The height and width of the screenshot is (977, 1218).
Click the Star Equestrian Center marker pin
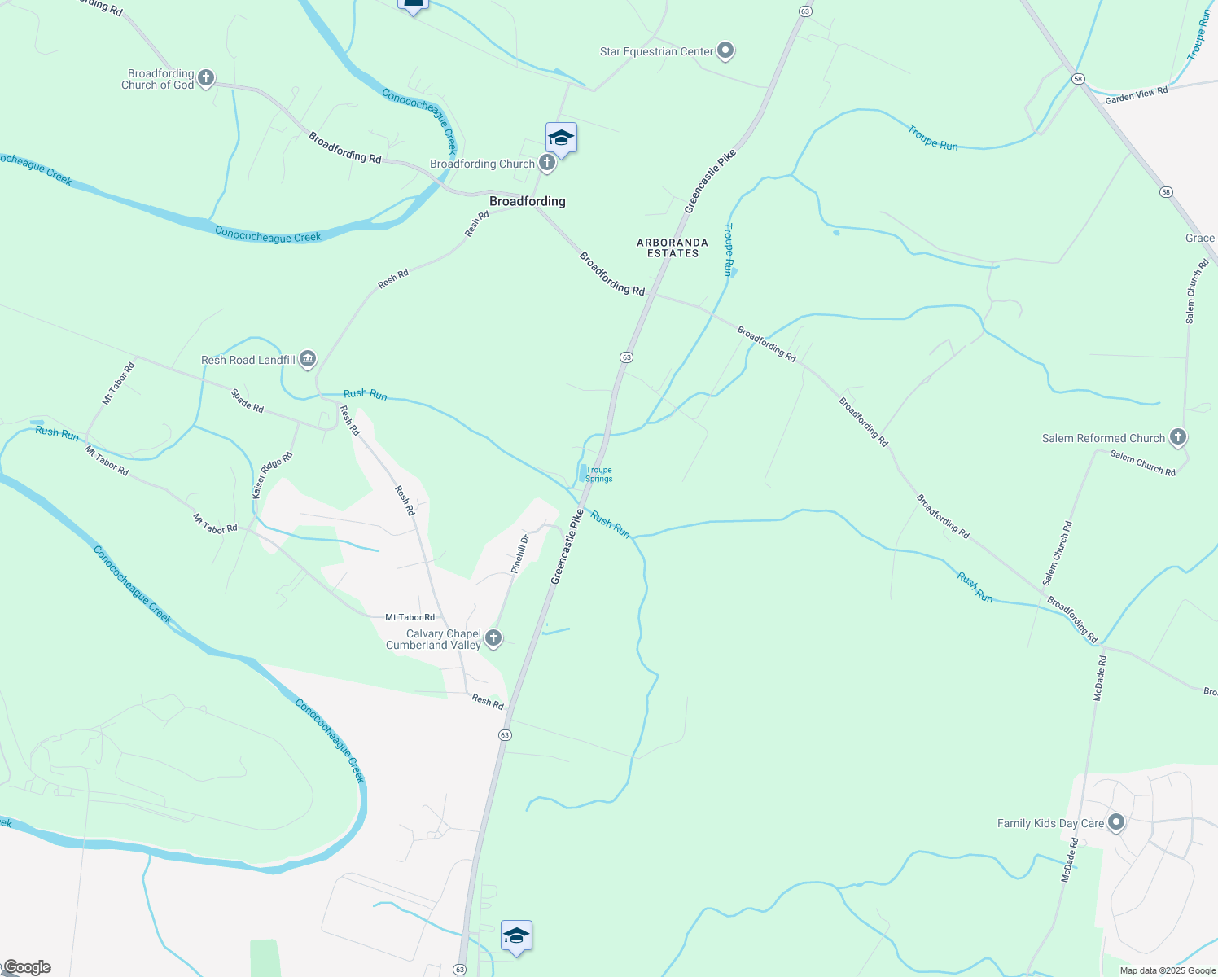click(x=725, y=51)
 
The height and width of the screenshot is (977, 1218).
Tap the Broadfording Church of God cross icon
click(x=206, y=79)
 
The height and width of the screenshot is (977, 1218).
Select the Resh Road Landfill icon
click(x=308, y=359)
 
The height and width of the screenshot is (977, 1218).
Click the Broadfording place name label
click(x=527, y=201)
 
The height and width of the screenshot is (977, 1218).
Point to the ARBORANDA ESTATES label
click(x=673, y=248)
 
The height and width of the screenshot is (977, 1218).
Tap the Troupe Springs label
click(x=598, y=475)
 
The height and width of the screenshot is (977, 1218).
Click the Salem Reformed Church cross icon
click(x=1177, y=437)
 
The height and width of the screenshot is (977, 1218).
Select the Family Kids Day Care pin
click(x=1116, y=822)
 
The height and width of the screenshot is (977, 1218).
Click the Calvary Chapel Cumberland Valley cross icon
click(x=493, y=638)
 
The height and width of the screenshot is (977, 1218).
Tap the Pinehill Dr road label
click(x=520, y=554)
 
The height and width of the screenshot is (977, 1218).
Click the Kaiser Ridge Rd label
click(x=272, y=476)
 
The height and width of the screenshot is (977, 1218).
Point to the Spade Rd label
click(x=248, y=401)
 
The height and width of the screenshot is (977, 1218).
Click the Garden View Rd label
click(x=1137, y=95)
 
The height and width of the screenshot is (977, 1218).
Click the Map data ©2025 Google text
click(x=1168, y=970)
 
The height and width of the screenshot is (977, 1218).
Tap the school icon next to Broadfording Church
click(x=561, y=138)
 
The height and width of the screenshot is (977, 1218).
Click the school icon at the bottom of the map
click(x=516, y=936)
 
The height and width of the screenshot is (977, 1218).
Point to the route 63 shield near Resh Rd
click(x=505, y=735)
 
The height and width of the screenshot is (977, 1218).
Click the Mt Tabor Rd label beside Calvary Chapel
click(x=410, y=617)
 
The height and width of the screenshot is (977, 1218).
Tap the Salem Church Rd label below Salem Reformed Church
click(x=1142, y=463)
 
